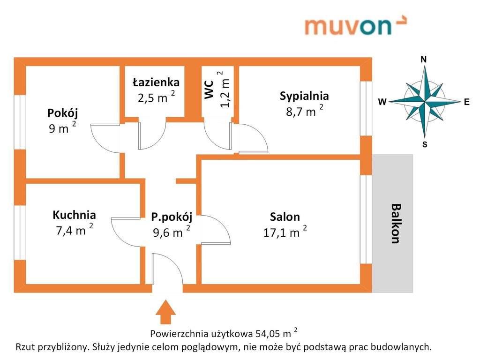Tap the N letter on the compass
click(x=424, y=60)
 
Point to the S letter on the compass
click(x=425, y=144)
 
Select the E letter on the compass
click(x=466, y=102)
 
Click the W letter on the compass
click(x=382, y=102)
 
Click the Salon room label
click(x=285, y=217)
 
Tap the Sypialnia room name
click(x=304, y=96)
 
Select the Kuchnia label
click(x=74, y=215)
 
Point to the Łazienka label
click(x=156, y=82)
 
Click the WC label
click(x=209, y=90)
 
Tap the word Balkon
click(x=396, y=224)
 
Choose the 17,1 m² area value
click(x=285, y=232)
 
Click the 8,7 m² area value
click(x=305, y=111)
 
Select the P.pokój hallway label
click(x=172, y=217)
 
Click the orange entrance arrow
click(x=165, y=312)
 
